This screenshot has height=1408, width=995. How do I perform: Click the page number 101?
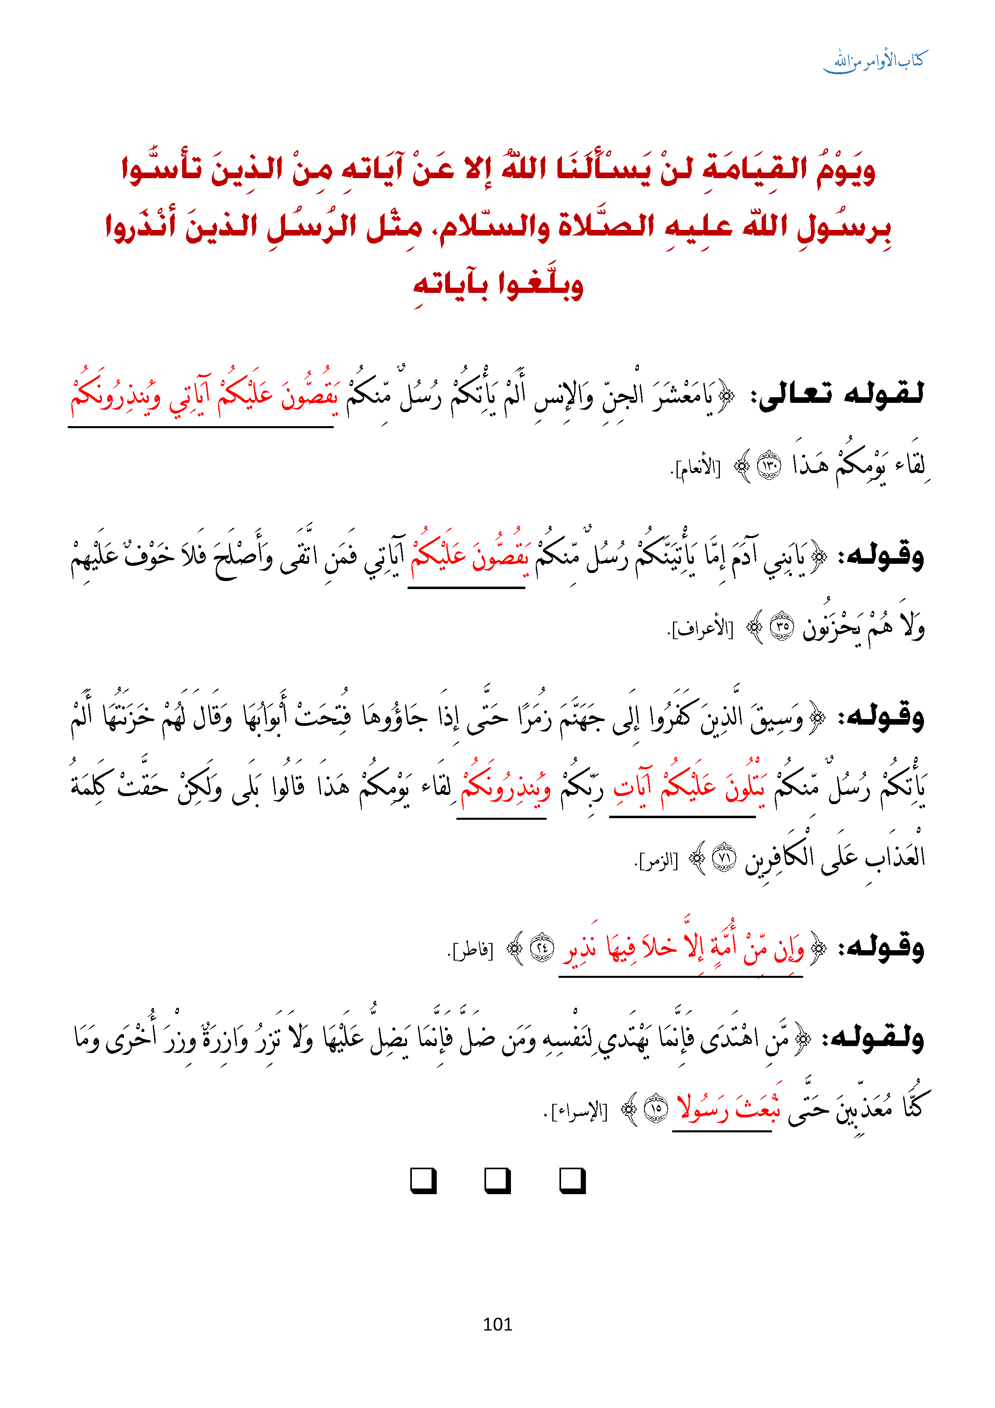(497, 1324)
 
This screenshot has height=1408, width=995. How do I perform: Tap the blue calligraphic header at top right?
(878, 61)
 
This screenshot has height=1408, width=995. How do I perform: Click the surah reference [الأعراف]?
(701, 628)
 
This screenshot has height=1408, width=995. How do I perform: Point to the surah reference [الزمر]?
(657, 860)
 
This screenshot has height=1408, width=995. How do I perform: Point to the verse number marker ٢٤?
(542, 948)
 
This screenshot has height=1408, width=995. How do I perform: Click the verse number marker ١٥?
(656, 1109)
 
